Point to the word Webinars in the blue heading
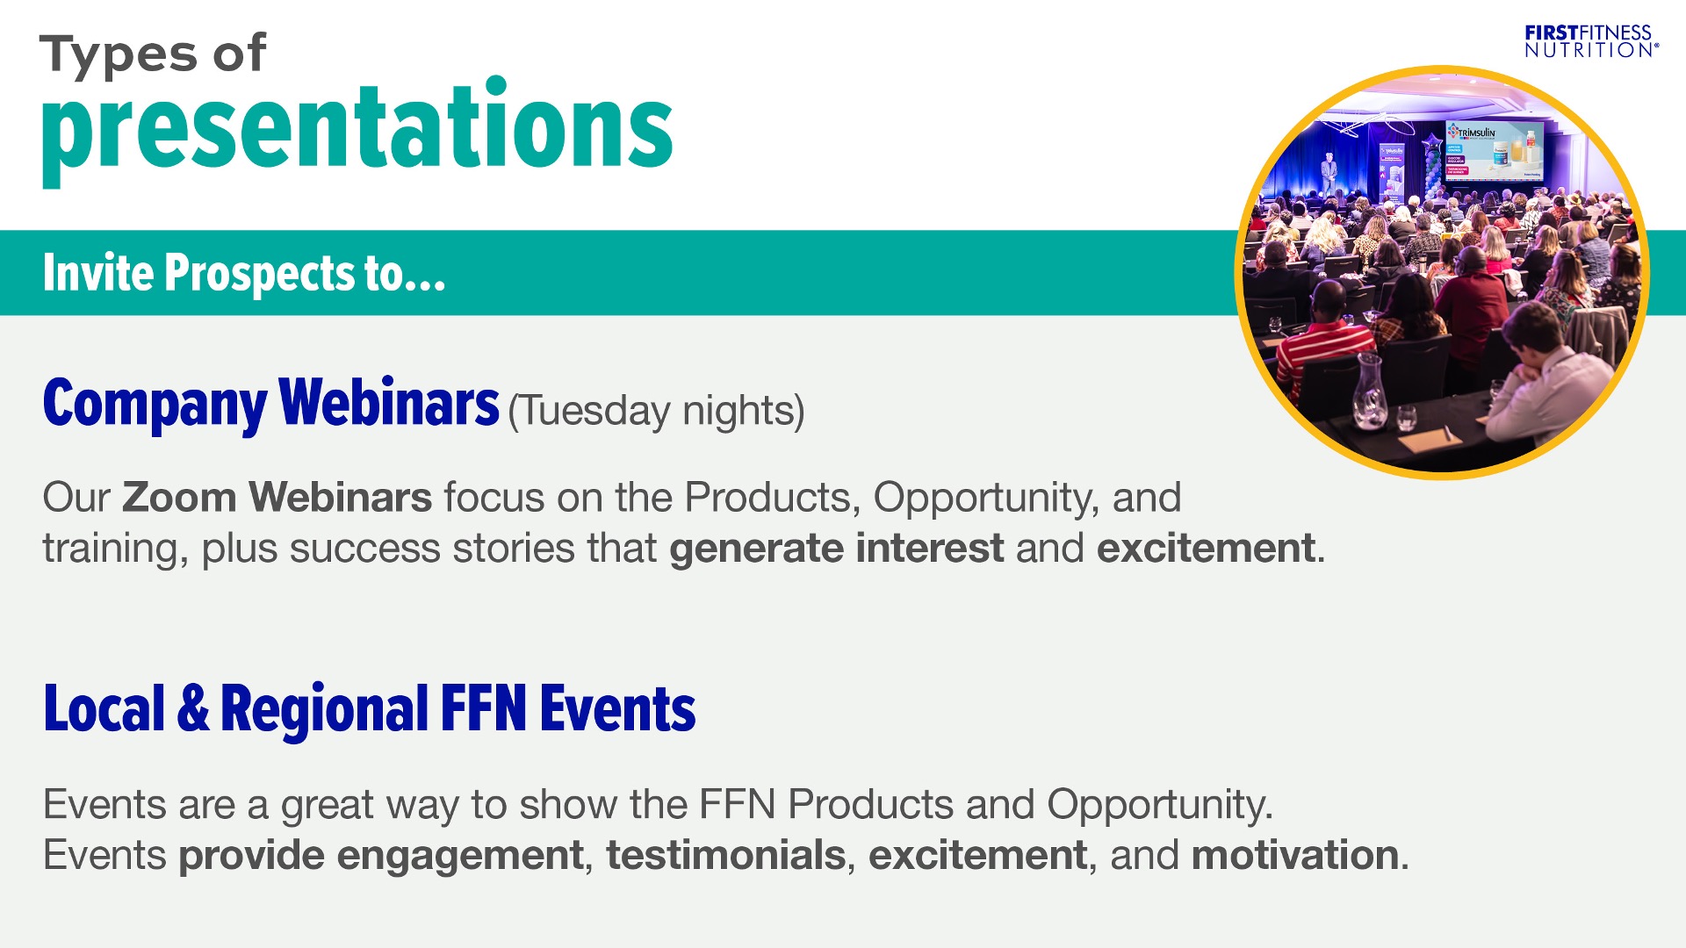tap(389, 403)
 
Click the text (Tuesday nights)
tap(656, 411)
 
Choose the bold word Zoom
tap(179, 497)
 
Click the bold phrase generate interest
tap(836, 549)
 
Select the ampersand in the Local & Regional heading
tap(193, 709)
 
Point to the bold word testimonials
tap(726, 855)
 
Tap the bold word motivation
tap(1295, 855)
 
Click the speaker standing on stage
tap(1329, 174)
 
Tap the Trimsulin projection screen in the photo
tap(1494, 150)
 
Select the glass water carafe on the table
tap(1371, 391)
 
